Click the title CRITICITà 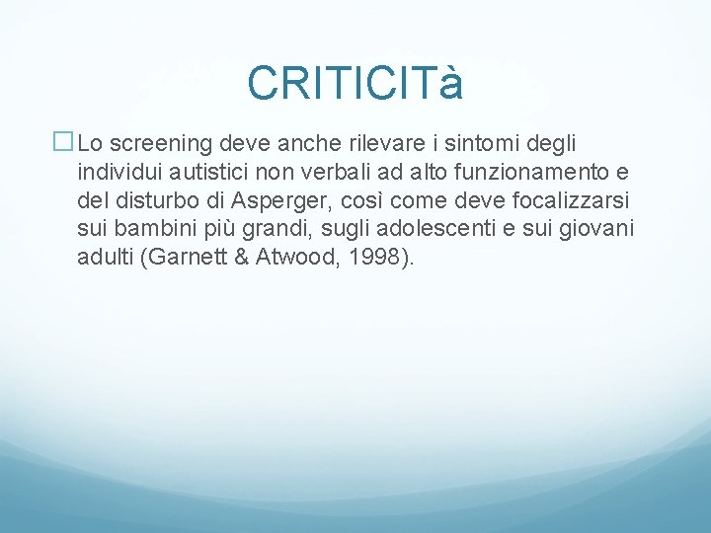pyautogui.click(x=355, y=84)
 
